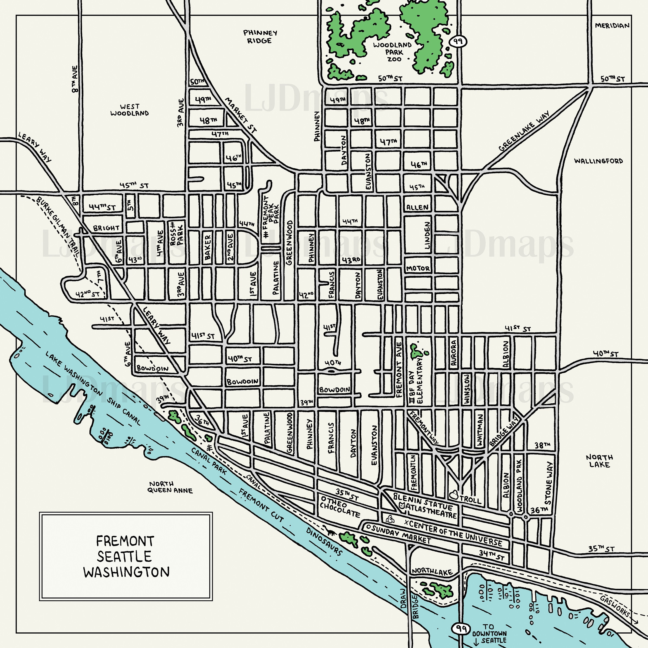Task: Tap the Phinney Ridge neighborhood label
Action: click(x=260, y=37)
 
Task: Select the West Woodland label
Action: click(x=129, y=110)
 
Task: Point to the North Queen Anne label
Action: click(x=171, y=487)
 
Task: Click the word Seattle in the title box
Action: click(x=124, y=556)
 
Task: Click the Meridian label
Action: click(x=612, y=25)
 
